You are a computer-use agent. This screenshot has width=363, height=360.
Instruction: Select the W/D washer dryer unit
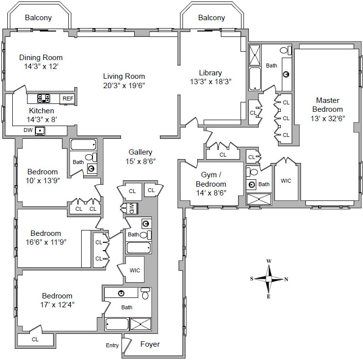132,208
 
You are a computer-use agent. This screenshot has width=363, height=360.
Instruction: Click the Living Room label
124,76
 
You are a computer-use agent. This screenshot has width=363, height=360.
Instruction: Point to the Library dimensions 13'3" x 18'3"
211,81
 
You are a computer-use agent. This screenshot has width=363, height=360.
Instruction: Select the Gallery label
140,152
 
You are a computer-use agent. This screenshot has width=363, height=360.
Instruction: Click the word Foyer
150,344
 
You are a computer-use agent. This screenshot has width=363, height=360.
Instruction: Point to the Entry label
112,345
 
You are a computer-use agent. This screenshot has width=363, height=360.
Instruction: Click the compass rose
269,279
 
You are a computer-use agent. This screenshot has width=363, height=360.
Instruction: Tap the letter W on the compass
269,262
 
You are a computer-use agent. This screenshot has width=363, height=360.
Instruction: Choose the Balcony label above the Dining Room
38,18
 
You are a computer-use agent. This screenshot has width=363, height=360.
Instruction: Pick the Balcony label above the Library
212,18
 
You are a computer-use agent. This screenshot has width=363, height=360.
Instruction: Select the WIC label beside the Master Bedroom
286,181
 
